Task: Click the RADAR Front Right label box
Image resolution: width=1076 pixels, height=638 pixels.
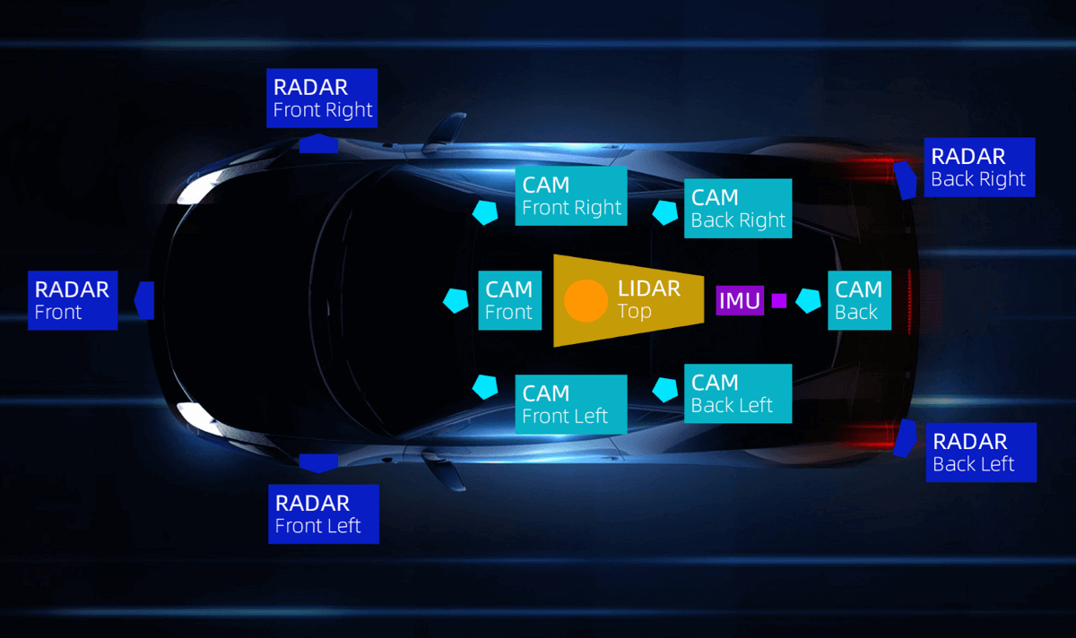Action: click(323, 99)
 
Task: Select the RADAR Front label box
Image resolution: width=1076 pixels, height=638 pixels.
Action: click(73, 300)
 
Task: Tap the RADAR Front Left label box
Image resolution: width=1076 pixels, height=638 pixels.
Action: click(323, 513)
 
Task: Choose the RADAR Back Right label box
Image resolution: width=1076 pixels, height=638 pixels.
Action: click(978, 168)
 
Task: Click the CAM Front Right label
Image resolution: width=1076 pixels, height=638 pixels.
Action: click(571, 196)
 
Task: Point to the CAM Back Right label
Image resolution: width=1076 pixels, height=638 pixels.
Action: click(738, 209)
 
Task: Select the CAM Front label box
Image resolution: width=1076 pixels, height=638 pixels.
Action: click(509, 300)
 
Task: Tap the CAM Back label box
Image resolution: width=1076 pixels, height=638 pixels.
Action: click(859, 300)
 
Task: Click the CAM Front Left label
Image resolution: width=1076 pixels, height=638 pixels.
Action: click(571, 404)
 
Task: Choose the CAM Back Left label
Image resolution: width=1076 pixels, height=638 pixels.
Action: click(738, 393)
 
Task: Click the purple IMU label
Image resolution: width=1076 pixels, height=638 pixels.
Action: click(740, 300)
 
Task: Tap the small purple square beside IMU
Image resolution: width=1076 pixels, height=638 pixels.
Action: click(779, 300)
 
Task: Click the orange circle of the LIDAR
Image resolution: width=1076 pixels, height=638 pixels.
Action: click(586, 301)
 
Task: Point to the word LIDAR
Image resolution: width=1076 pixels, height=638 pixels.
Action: click(649, 289)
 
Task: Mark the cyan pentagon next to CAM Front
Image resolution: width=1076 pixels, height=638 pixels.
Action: click(456, 300)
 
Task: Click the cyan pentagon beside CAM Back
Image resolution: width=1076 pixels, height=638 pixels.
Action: click(809, 300)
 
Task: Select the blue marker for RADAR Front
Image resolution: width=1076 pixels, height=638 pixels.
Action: click(144, 299)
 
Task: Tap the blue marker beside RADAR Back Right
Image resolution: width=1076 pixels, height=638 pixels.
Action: click(906, 179)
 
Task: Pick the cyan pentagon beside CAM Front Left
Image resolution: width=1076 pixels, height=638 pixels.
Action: click(485, 386)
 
